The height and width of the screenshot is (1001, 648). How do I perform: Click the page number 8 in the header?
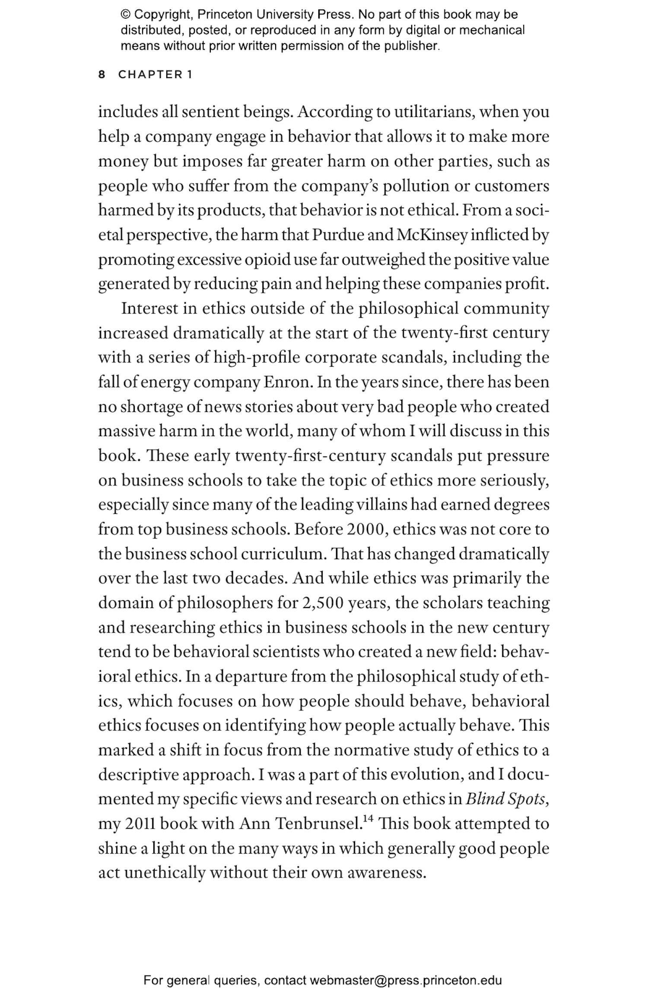(x=102, y=75)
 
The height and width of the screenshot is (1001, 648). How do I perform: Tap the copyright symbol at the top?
(x=125, y=15)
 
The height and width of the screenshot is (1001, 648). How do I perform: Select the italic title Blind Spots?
(x=506, y=800)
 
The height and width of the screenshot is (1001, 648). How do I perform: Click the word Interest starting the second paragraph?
(x=149, y=309)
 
